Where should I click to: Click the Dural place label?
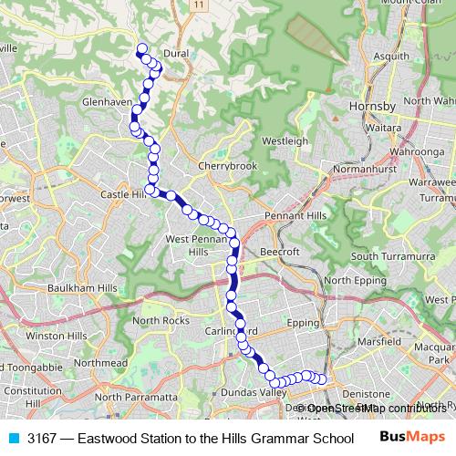(176, 54)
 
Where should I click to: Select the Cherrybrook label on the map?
(228, 166)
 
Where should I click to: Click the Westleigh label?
(282, 141)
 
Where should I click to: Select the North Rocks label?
(161, 320)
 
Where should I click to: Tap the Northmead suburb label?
(101, 362)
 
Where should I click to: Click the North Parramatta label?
(136, 397)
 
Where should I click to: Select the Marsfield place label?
(379, 341)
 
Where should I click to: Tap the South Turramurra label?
(392, 256)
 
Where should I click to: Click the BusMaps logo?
(408, 437)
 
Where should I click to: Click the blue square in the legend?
(13, 437)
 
